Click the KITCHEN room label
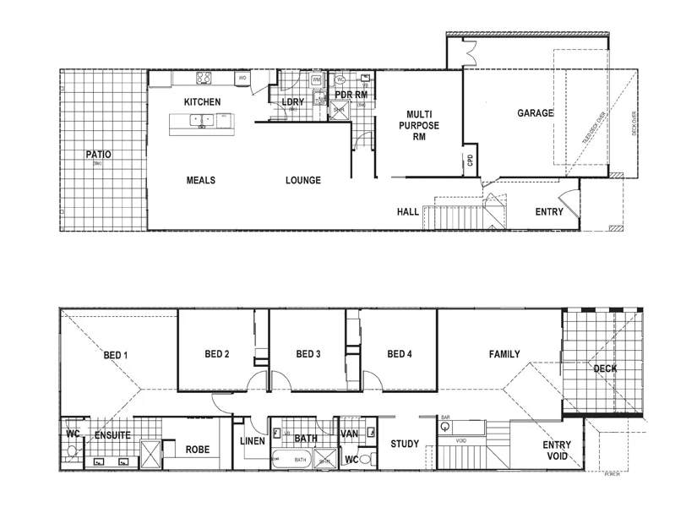[x=202, y=102]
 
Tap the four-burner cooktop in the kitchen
[x=204, y=79]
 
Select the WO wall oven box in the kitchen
[x=242, y=79]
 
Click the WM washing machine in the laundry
[x=316, y=80]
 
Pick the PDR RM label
[x=351, y=95]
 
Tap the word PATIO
[x=99, y=155]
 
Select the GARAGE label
[x=536, y=112]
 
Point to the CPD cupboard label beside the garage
[x=471, y=161]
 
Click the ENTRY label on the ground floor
[x=549, y=211]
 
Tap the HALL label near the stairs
[x=408, y=212]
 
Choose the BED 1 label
[x=115, y=354]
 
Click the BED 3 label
[x=308, y=354]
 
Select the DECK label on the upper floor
[x=605, y=368]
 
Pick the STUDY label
[x=405, y=445]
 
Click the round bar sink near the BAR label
[x=444, y=428]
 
